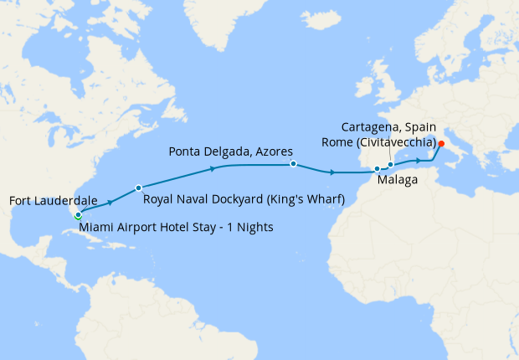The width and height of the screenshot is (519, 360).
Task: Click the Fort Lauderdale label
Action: [x=52, y=201]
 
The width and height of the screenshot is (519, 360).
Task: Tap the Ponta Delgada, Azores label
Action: [x=230, y=152]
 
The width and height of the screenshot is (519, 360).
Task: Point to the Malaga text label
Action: [x=393, y=180]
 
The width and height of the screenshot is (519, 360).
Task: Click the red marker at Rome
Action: [x=441, y=142]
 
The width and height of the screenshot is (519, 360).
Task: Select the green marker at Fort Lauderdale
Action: [x=79, y=217]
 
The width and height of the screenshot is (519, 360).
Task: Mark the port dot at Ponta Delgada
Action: [x=293, y=164]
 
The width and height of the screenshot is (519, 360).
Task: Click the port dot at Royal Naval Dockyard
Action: [x=138, y=187]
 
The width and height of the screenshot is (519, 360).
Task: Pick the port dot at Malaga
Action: [x=377, y=169]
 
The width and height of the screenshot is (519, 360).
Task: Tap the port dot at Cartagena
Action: [x=390, y=165]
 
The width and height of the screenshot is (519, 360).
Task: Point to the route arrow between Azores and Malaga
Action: [x=333, y=172]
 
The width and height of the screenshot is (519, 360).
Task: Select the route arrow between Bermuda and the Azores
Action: [x=213, y=168]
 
